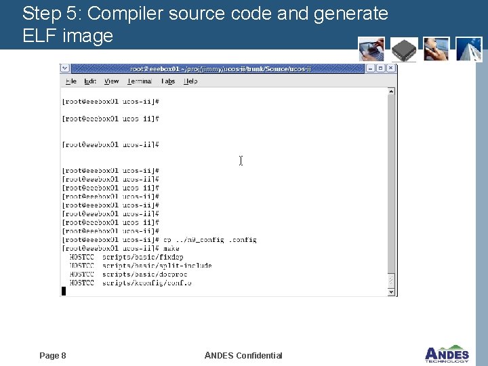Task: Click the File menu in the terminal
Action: pos(70,81)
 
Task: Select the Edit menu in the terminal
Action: pos(90,81)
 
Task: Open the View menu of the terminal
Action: pos(112,81)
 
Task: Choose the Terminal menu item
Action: pos(140,81)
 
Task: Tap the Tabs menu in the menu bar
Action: pos(168,81)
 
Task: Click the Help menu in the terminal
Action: pos(191,81)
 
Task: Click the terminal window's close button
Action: pos(392,68)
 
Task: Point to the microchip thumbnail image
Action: pos(405,49)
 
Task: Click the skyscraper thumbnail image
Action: pos(469,49)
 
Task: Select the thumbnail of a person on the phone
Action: pos(436,49)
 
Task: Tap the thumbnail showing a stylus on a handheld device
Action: pos(372,49)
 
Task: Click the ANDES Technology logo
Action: pos(447,354)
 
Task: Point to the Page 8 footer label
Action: pos(53,356)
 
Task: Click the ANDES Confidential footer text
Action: pos(243,356)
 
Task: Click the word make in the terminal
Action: pos(171,249)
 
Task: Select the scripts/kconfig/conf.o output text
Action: pos(146,283)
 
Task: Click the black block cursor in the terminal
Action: pos(64,291)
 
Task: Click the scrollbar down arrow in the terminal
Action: pos(391,291)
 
